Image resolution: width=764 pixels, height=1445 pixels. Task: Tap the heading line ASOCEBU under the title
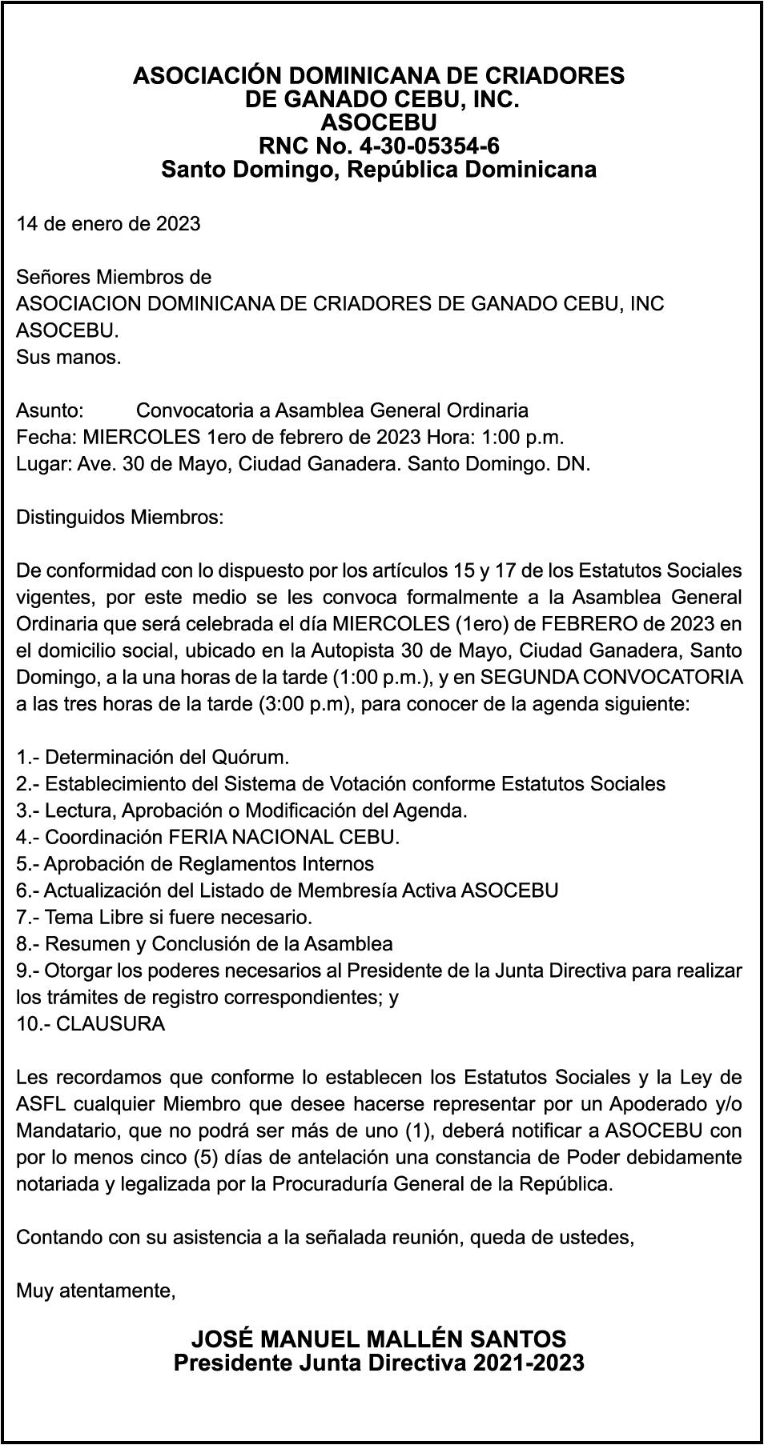pos(379,123)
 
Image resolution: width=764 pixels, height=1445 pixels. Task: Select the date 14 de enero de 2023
pos(108,223)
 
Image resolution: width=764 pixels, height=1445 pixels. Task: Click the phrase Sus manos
pos(69,357)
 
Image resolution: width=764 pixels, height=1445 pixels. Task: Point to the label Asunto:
pos(50,410)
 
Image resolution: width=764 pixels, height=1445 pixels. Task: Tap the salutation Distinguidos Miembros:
pos(120,517)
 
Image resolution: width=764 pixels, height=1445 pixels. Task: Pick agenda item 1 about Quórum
pos(153,757)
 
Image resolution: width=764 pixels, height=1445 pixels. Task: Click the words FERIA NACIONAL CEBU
pos(283,837)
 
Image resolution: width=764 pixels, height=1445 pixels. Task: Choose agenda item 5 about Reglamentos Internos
pos(195,864)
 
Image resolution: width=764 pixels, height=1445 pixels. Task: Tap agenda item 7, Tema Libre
pos(164,917)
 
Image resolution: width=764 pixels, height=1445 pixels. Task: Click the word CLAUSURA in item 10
pos(111,1024)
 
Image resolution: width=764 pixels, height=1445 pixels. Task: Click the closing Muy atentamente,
pos(96,1291)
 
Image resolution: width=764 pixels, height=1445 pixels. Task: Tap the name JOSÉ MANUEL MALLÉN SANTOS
pos(379,1339)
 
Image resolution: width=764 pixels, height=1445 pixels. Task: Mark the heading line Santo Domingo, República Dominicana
pos(379,170)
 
